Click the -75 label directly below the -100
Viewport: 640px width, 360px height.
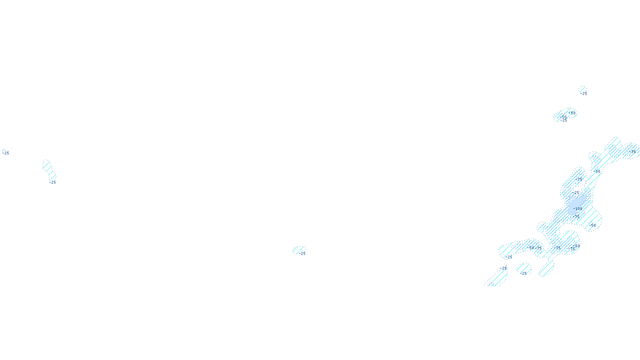pyautogui.click(x=576, y=216)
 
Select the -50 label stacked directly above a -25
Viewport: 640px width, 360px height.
pyautogui.click(x=563, y=117)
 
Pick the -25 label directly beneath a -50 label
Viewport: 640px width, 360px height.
pyautogui.click(x=564, y=120)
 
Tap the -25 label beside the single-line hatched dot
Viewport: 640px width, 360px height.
pyautogui.click(x=584, y=94)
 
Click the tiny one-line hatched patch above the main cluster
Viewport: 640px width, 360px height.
pyautogui.click(x=582, y=90)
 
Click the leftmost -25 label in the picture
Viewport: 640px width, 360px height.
pyautogui.click(x=6, y=153)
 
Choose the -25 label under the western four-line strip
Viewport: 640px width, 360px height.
pyautogui.click(x=53, y=182)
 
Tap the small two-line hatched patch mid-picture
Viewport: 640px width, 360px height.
pyautogui.click(x=298, y=250)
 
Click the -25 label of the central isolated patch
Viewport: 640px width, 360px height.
pyautogui.click(x=303, y=254)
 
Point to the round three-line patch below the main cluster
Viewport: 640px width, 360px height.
pyautogui.click(x=524, y=269)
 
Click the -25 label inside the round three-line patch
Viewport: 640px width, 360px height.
pyautogui.click(x=524, y=274)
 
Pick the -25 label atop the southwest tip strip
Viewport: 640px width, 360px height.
pyautogui.click(x=504, y=268)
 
